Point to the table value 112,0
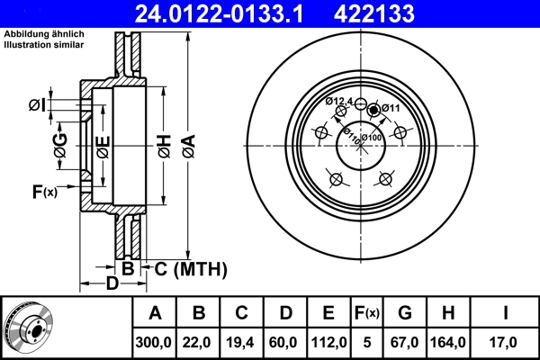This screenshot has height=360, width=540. coord(329,342)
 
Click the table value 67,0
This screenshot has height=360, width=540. coord(405,342)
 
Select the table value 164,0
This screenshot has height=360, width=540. coord(448,342)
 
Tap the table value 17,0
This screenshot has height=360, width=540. coord(507,342)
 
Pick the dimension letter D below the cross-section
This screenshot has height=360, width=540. coord(112,284)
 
